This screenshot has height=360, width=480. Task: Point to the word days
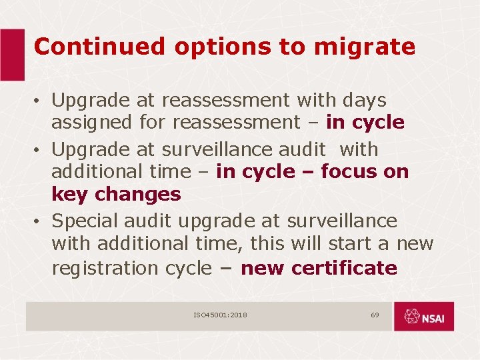click(364, 101)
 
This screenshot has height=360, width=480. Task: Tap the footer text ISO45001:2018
click(220, 315)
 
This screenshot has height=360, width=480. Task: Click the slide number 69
click(375, 315)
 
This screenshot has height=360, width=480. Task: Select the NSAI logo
click(423, 317)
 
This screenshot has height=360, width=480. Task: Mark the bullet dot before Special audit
click(39, 221)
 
